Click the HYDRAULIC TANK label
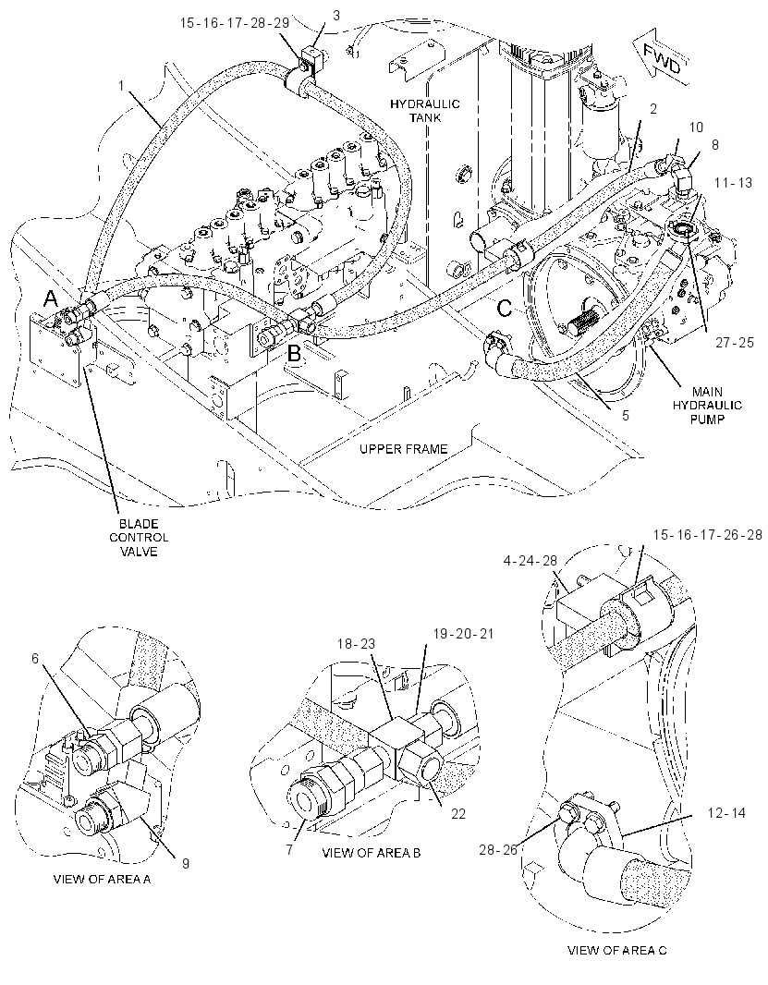point(425,111)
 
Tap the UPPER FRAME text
point(404,449)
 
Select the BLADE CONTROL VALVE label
point(139,538)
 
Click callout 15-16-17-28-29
point(235,23)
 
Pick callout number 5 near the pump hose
point(626,415)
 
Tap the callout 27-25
point(734,343)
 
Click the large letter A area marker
point(52,301)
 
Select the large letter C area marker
point(505,308)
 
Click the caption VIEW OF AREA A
point(102,879)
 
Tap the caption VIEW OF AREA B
point(372,853)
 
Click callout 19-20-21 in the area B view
point(463,633)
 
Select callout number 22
point(458,813)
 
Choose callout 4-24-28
point(531,560)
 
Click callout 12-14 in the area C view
point(725,812)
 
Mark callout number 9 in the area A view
point(186,863)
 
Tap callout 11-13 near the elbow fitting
point(733,183)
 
